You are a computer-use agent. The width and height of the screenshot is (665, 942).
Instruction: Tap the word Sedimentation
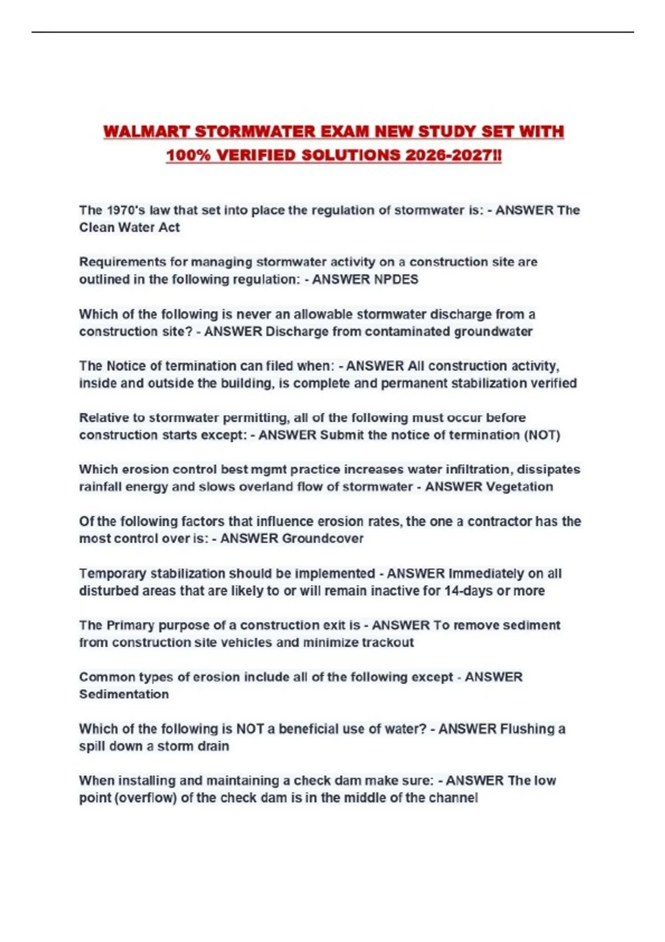coord(124,694)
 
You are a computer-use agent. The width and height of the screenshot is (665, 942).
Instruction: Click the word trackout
coord(387,643)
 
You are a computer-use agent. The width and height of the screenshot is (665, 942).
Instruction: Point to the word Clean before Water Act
coord(95,228)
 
